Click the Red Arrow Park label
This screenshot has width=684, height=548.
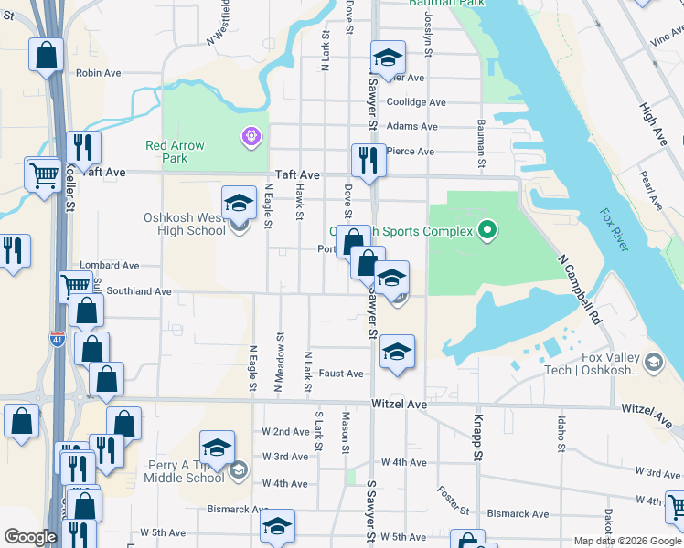coord(175,152)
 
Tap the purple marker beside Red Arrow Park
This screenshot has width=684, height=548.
coord(250,137)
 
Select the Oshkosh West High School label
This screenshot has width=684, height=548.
coord(184,224)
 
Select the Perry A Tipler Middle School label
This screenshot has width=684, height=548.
coord(186,470)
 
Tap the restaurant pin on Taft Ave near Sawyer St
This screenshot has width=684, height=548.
coord(369,160)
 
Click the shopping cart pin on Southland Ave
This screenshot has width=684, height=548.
coord(75,287)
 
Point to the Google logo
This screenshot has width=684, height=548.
coord(29,536)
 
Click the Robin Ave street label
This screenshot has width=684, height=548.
coord(99,73)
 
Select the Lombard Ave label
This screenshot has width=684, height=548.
coord(109,266)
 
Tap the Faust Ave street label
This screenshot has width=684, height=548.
coord(341,374)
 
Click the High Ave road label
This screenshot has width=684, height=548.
coord(654,124)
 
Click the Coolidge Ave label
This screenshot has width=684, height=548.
coord(416,102)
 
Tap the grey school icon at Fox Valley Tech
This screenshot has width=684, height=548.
coord(653,364)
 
